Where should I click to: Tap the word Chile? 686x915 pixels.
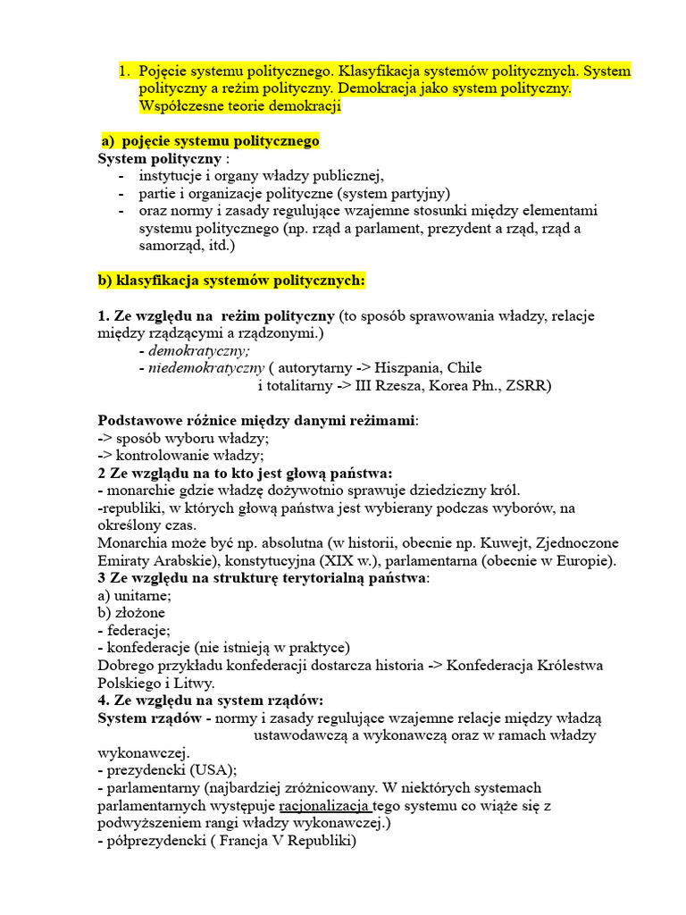464,367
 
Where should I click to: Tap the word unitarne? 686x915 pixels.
143,595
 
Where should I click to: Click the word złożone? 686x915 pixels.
139,613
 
